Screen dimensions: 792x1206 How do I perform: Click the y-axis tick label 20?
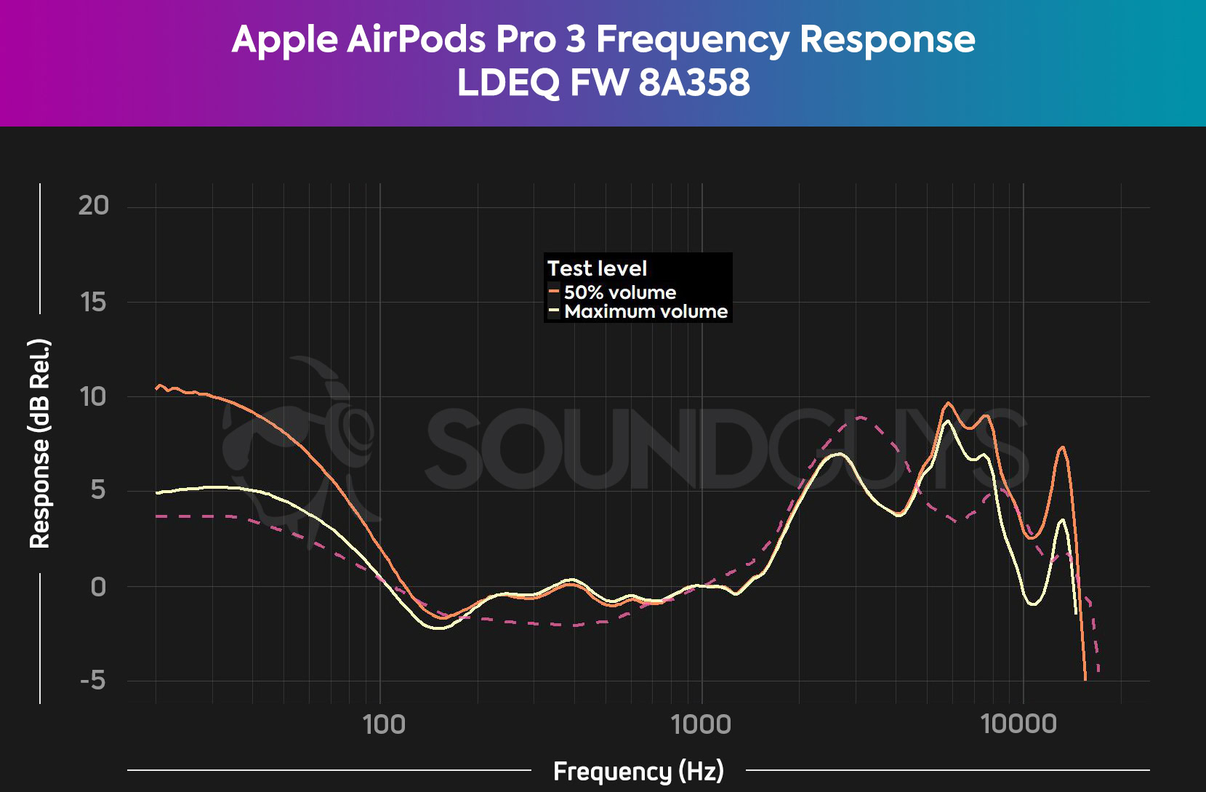[94, 206]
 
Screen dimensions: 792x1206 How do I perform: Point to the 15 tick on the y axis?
[94, 302]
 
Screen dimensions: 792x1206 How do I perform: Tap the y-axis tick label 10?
[94, 397]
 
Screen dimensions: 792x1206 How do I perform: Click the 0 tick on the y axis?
[98, 586]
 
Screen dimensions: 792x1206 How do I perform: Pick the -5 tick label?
[93, 681]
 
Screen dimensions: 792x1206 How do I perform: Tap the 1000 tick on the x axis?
[702, 724]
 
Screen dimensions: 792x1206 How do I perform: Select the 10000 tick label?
[1018, 724]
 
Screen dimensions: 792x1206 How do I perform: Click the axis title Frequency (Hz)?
[638, 771]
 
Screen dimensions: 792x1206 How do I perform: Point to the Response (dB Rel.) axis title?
[40, 443]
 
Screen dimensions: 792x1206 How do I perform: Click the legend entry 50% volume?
[619, 292]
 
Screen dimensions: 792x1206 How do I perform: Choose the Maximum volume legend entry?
[646, 311]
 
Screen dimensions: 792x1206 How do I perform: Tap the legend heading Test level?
[597, 268]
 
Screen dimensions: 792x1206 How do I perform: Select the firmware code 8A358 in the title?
[694, 82]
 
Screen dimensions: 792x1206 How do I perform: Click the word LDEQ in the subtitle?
[508, 82]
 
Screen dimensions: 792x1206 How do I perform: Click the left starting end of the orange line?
[157, 388]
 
